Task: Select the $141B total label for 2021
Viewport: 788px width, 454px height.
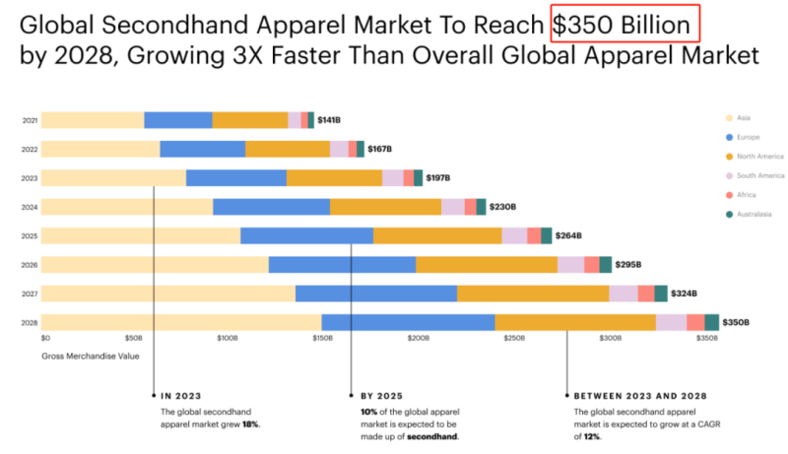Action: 329,120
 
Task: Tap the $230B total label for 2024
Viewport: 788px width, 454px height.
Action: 502,207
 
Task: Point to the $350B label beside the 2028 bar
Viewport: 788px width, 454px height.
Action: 736,322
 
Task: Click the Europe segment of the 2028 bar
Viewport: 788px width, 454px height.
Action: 408,322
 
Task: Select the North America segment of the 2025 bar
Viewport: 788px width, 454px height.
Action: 437,235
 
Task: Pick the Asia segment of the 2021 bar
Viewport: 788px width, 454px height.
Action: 93,120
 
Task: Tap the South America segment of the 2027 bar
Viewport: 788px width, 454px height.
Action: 623,293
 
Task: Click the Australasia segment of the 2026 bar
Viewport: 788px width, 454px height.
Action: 605,264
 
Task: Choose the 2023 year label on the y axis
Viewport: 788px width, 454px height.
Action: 30,178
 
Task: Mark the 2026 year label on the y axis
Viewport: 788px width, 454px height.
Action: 30,265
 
